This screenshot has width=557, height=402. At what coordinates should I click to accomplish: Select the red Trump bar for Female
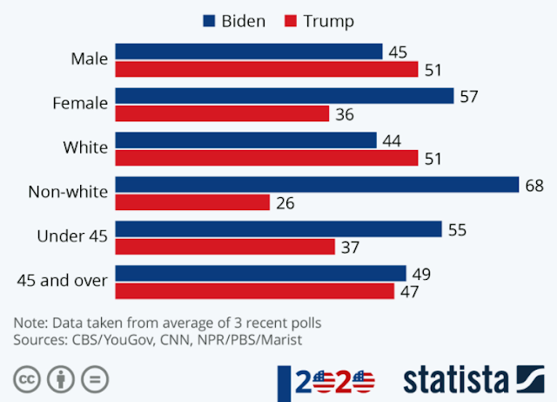[x=222, y=113]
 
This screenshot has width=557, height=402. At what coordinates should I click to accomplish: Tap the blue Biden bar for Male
[x=249, y=52]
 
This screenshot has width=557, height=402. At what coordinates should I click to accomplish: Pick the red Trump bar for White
[x=266, y=158]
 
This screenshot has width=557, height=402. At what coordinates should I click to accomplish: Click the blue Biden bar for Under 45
[x=278, y=229]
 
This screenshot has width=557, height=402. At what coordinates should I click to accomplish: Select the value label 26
[x=285, y=203]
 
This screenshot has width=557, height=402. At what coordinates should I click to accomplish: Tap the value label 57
[x=470, y=96]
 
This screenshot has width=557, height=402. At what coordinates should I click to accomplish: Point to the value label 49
[x=421, y=274]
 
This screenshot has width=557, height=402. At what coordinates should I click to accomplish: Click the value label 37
[x=351, y=248]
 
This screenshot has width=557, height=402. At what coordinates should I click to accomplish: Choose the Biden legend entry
[x=234, y=21]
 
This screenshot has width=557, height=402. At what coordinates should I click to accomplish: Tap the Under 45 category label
[x=72, y=235]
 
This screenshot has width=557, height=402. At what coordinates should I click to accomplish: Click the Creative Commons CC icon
[x=28, y=380]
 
